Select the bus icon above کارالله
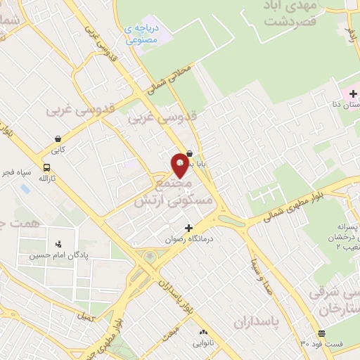46,168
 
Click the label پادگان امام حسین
51,255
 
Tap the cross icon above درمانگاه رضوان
188,228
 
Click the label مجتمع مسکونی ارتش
172,192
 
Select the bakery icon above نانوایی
203,332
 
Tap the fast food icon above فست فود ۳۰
321,333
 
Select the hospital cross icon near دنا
353,92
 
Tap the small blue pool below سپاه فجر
25,189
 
